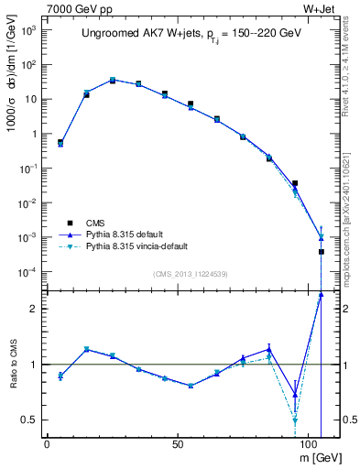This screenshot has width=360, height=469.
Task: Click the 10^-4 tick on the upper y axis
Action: click(x=28, y=272)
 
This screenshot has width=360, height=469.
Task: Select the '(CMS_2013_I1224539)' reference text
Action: click(x=191, y=274)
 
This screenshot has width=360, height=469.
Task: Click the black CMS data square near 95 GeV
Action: click(x=295, y=183)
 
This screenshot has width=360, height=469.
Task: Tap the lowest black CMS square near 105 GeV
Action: click(x=322, y=252)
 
